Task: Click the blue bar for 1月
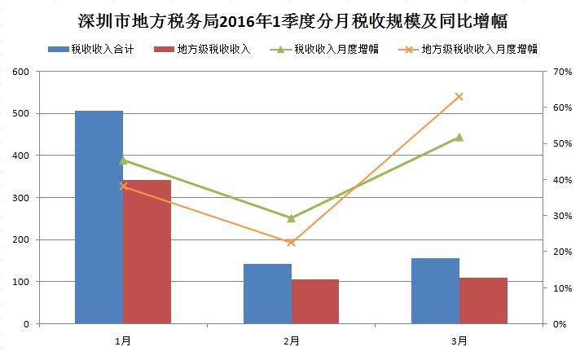[99, 217]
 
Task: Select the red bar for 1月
[147, 252]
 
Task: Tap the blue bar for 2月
[267, 293]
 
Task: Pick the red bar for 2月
[315, 301]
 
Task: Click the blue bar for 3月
[435, 291]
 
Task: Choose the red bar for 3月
[483, 301]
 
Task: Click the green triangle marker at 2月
[291, 217]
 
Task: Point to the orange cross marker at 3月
[459, 96]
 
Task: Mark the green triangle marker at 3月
[459, 137]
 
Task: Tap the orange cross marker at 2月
[291, 243]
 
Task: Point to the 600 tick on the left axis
[20, 72]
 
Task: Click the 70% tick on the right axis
[562, 72]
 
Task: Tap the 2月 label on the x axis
[291, 340]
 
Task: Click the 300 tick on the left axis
[20, 198]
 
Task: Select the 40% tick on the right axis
[562, 180]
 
